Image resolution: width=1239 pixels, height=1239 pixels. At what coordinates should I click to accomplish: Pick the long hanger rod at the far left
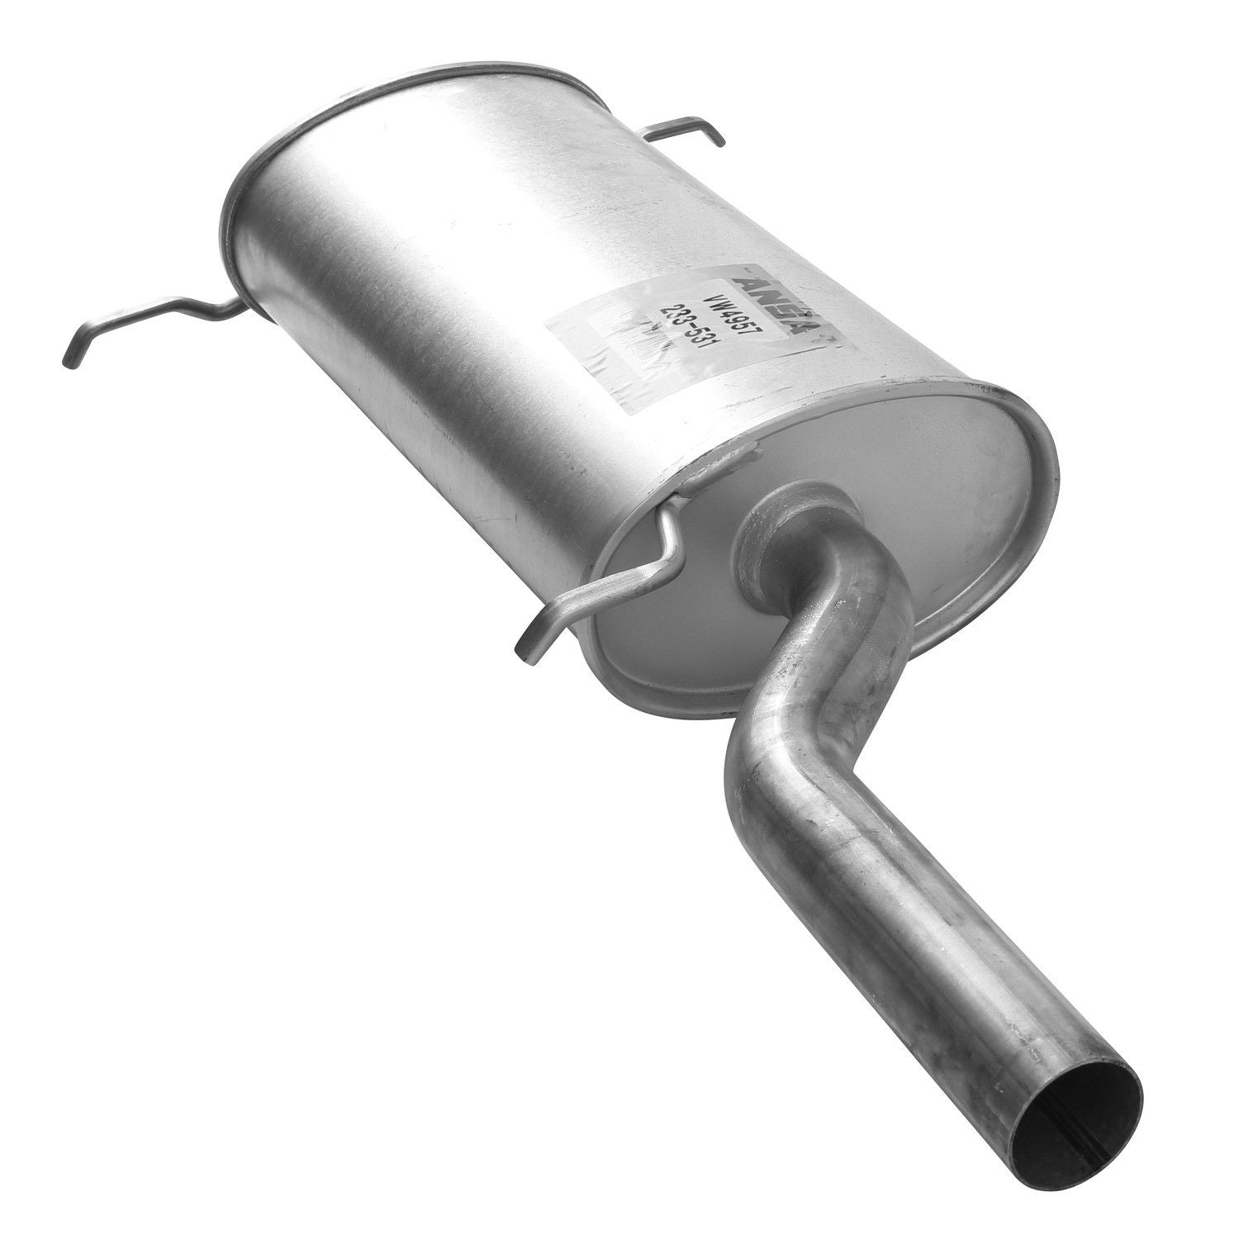[x=149, y=322]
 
